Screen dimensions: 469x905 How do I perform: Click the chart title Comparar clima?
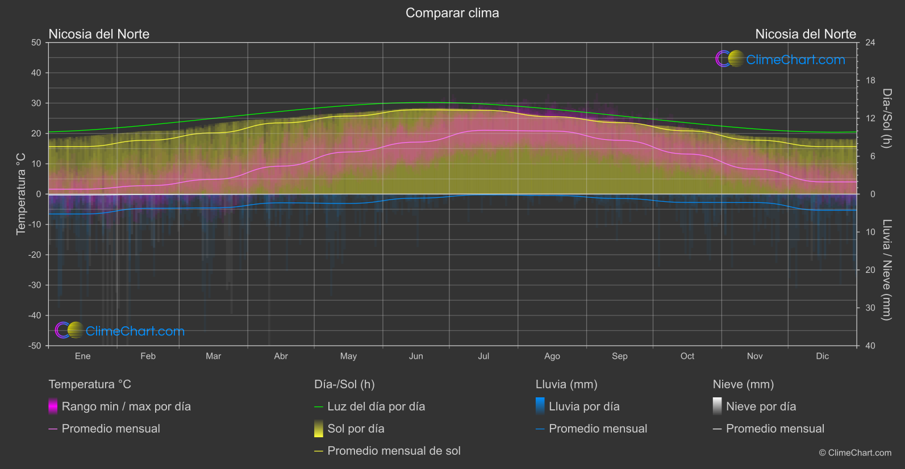[x=452, y=13]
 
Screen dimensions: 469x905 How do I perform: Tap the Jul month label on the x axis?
[x=483, y=356]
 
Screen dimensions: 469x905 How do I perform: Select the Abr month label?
[x=281, y=356]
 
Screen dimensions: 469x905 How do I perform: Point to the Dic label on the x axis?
[x=822, y=356]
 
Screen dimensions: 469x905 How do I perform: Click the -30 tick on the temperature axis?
[x=35, y=285]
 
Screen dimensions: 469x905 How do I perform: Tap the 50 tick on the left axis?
[x=36, y=43]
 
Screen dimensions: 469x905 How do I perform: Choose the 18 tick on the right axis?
[x=870, y=81]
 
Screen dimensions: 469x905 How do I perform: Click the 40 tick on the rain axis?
[x=870, y=346]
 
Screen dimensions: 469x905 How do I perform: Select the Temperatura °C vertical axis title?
[x=21, y=193]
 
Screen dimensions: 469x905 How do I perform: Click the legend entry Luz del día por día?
[x=376, y=406]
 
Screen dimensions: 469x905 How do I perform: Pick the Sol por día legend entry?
[x=356, y=429]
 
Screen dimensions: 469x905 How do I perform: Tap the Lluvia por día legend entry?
[x=583, y=406]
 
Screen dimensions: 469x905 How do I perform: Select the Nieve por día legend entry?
[x=761, y=406]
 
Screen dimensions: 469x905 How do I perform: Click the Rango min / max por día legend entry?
[x=126, y=406]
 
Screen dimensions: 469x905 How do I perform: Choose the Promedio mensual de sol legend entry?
[x=394, y=451]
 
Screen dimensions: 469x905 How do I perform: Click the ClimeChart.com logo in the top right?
[x=781, y=59]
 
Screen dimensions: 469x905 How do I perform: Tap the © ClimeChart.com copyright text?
[x=855, y=453]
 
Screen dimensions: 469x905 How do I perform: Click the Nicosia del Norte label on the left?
[x=99, y=34]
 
